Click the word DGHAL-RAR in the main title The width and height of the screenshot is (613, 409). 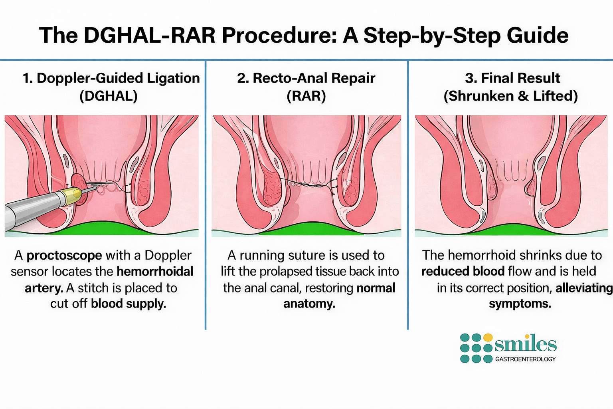150,36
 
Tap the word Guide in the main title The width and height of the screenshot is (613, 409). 538,36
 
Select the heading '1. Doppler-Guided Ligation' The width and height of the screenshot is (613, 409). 111,78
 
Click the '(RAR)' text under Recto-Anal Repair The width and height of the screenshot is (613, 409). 306,96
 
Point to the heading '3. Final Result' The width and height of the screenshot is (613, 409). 512,78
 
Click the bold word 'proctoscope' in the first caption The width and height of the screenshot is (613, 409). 64,255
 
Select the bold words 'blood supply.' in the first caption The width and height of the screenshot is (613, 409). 128,304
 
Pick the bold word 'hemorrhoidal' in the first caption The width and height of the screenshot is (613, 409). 155,272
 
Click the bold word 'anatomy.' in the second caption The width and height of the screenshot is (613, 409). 309,304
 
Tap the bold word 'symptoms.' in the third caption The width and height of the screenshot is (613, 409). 520,304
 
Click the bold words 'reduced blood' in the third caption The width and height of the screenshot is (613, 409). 463,272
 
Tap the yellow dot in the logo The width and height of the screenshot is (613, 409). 488,338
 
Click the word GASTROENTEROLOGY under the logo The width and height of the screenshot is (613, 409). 525,359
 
